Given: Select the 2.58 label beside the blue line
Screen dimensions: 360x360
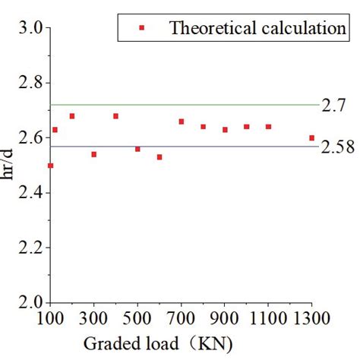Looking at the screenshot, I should [336, 147].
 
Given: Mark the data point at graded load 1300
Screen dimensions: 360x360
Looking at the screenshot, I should [312, 137].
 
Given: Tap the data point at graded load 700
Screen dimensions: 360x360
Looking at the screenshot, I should [182, 122].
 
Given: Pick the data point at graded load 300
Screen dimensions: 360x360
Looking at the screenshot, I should [93, 154].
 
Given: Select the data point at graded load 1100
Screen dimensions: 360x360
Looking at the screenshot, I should [268, 127].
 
